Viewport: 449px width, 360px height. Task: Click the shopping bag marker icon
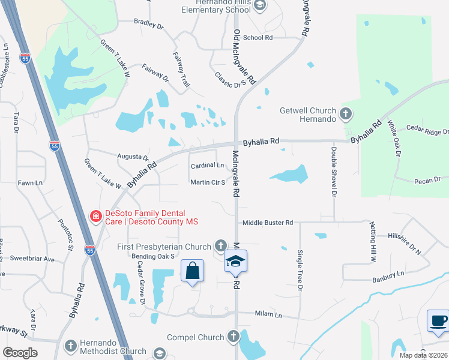192,271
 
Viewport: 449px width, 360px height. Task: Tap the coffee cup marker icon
438,320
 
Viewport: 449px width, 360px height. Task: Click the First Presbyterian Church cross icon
221,245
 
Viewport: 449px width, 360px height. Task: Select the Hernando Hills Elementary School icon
259,6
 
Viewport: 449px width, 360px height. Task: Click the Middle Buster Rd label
268,223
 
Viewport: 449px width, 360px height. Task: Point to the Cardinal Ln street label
207,166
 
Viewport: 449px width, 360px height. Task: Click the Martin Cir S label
207,182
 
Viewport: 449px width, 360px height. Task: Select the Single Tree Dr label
299,271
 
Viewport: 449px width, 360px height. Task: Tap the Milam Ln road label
268,314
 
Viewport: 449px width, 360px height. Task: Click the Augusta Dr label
133,157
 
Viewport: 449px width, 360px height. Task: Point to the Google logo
20,352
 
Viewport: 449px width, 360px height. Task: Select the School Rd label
258,37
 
